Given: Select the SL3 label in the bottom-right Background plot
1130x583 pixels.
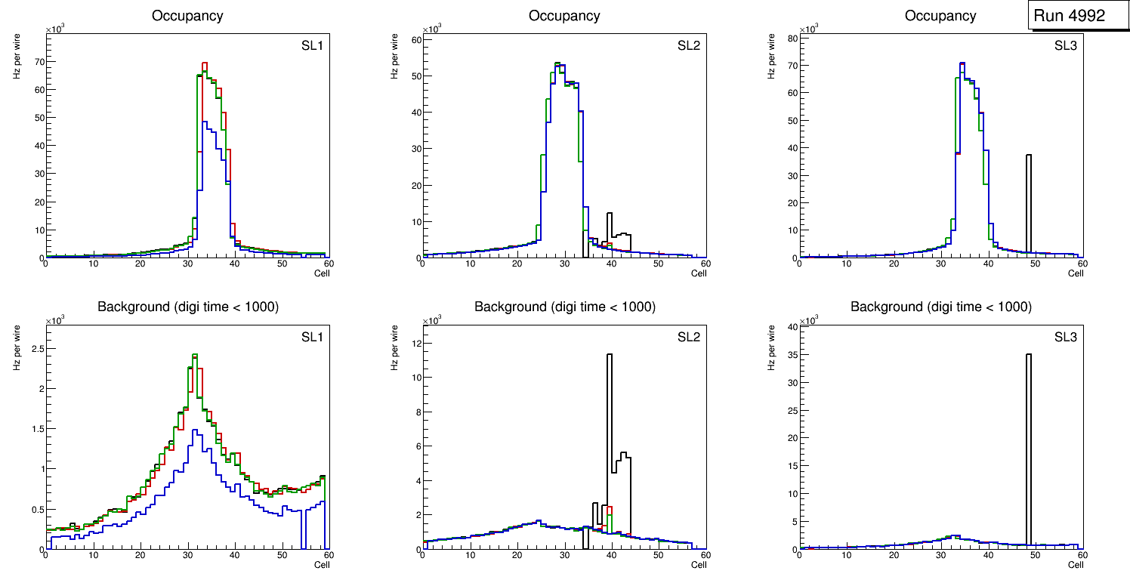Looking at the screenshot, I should (x=1065, y=337).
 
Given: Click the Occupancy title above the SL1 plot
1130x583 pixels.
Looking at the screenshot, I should (x=187, y=16).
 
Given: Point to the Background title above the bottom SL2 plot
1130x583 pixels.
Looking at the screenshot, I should (x=564, y=307).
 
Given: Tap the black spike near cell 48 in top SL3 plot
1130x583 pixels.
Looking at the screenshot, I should (x=1028, y=204).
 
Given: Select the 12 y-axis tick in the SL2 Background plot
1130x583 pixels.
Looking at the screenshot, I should (x=414, y=343).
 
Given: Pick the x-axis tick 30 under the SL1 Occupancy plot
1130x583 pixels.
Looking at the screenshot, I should (x=187, y=264).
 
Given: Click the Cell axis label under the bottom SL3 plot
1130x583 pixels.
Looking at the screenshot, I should (x=1075, y=565).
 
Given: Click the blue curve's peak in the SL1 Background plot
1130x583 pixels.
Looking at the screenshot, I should (x=195, y=431).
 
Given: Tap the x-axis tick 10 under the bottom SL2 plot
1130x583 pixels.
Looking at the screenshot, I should (x=470, y=555).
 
